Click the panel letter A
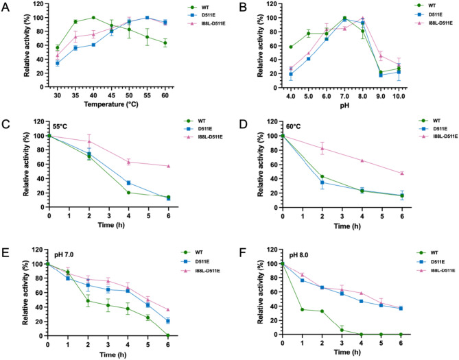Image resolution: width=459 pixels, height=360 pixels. tap(6, 6)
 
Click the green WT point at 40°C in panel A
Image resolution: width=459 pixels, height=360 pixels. tap(93, 18)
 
